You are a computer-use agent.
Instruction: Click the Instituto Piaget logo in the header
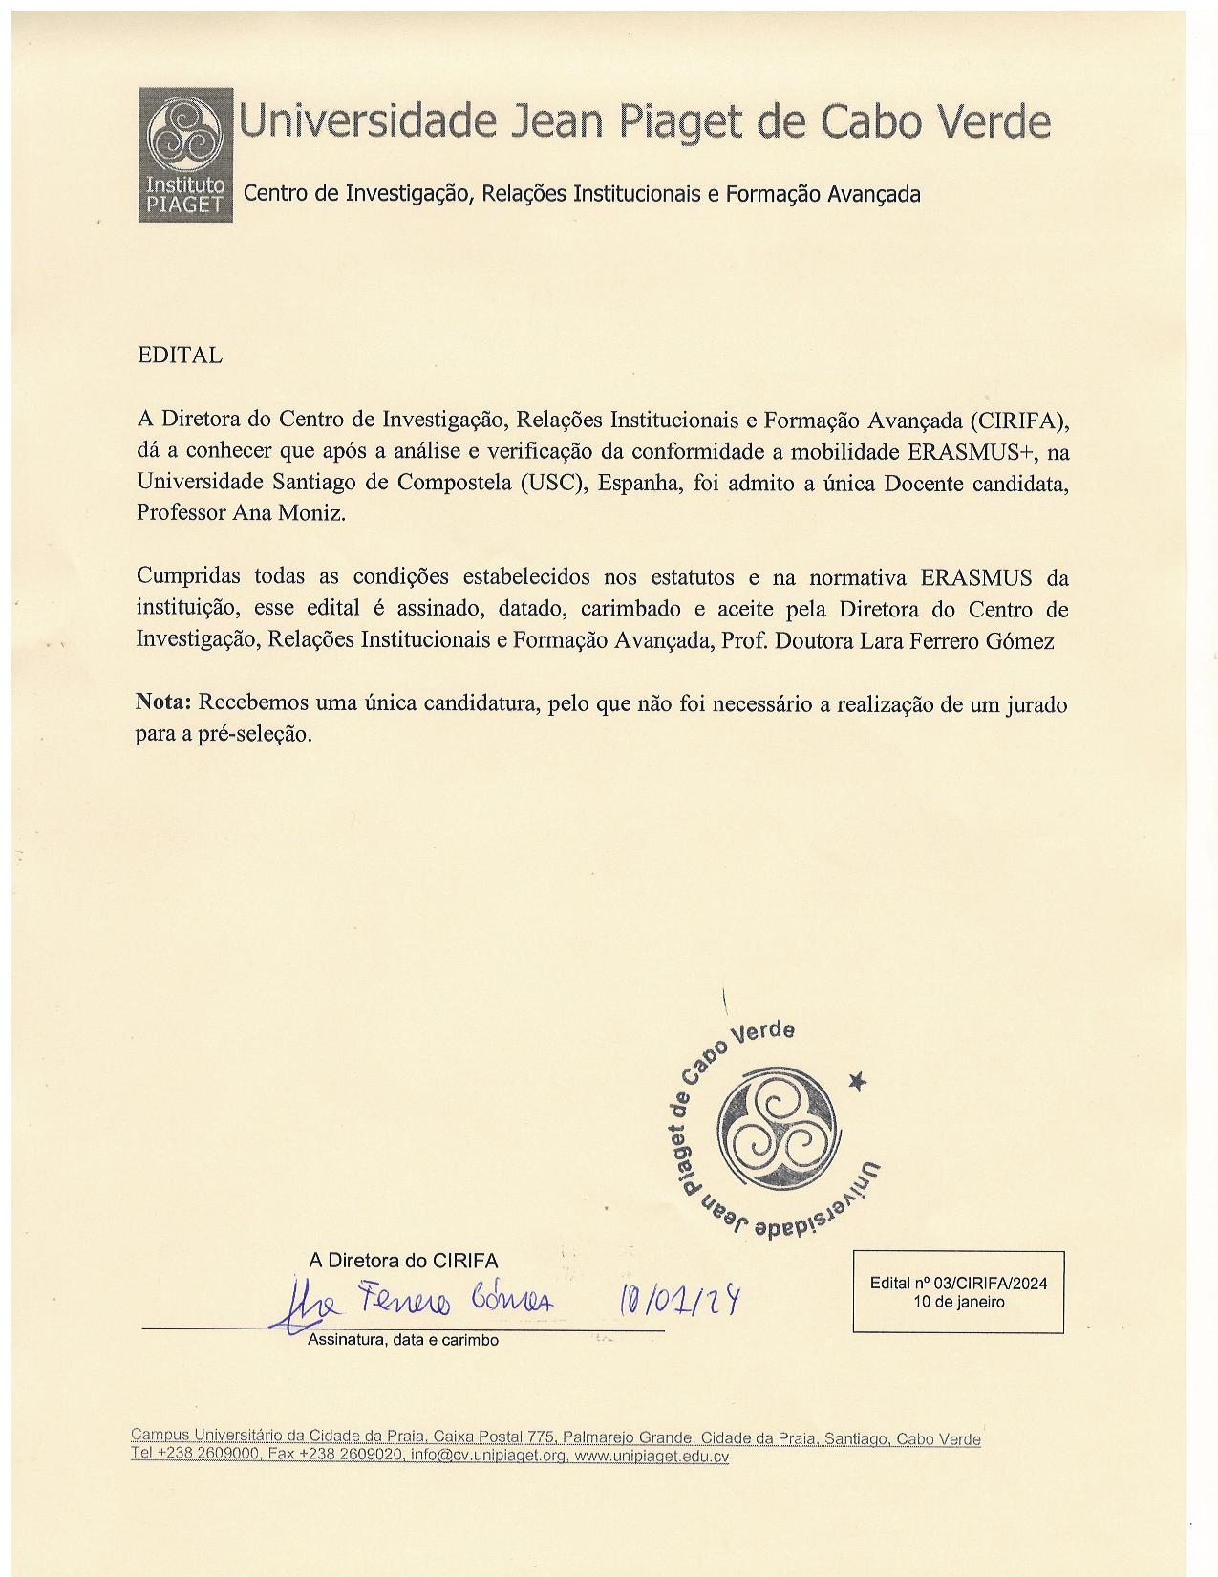[x=185, y=155]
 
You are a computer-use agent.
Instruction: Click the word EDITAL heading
[x=180, y=356]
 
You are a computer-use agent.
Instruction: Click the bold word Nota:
[x=164, y=703]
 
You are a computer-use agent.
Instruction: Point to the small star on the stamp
[x=858, y=1081]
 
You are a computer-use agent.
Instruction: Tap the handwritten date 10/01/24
[x=681, y=1301]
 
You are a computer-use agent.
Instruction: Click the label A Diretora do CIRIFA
[x=402, y=1261]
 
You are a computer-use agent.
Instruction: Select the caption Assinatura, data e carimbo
[x=402, y=1341]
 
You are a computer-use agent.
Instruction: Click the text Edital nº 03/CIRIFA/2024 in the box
[x=958, y=1284]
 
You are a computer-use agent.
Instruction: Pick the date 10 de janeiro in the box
[x=958, y=1302]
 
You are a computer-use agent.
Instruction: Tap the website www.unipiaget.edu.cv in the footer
[x=652, y=1457]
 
